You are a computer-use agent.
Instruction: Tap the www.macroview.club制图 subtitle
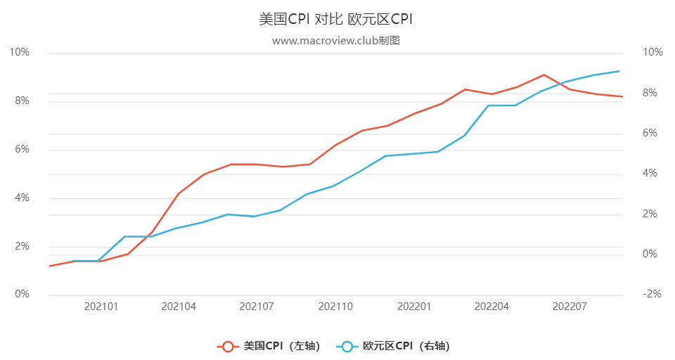pos(335,41)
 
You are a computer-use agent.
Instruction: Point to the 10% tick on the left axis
pos(20,53)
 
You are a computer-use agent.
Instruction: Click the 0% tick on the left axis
pos(22,295)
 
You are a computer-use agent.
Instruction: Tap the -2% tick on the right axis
pos(652,295)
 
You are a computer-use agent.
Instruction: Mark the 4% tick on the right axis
pos(649,174)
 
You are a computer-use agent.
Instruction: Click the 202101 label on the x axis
pos(101,307)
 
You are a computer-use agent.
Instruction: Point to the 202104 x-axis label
pos(179,307)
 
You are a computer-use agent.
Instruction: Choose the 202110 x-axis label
pos(335,307)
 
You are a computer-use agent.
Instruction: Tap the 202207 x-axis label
pos(570,307)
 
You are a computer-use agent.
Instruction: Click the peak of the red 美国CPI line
pos(544,75)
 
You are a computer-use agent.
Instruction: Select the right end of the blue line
pos(619,71)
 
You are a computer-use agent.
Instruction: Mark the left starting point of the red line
pos(49,266)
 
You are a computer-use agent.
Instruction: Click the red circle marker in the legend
pos(227,346)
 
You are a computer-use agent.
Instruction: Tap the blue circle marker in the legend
pos(347,346)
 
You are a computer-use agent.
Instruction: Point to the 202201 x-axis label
pos(413,307)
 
